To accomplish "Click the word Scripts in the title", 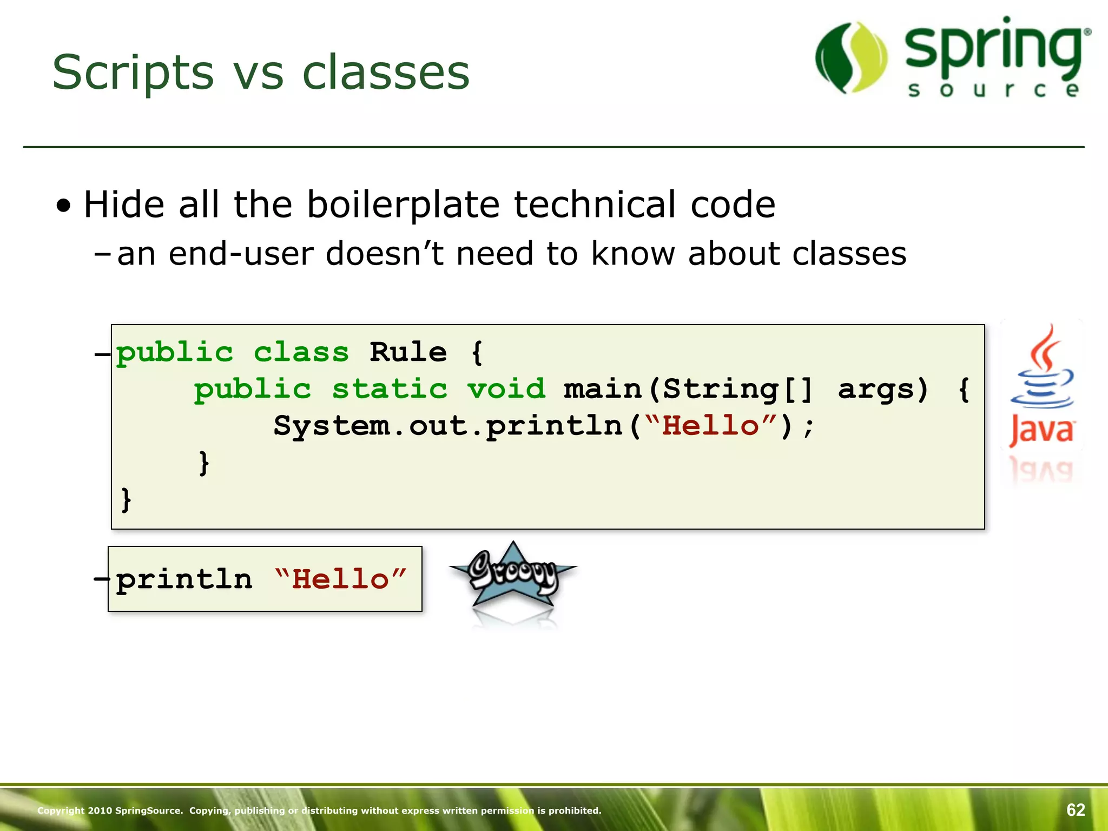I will (133, 73).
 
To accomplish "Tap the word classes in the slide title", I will (386, 73).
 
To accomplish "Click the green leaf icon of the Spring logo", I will (851, 58).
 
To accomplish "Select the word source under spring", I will (993, 90).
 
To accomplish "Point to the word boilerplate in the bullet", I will (403, 205).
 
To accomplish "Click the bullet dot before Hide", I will (64, 206).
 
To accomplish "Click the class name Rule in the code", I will (408, 353).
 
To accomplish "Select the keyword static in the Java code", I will (390, 390).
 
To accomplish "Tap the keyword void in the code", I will (506, 390).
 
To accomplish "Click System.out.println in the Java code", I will (448, 426).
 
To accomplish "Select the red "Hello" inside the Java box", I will (711, 426).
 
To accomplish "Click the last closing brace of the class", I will (126, 499).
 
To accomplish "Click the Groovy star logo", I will (513, 576).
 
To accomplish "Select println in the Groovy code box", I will (184, 579).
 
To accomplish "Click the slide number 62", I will (1076, 810).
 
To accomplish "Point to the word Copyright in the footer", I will (61, 810).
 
